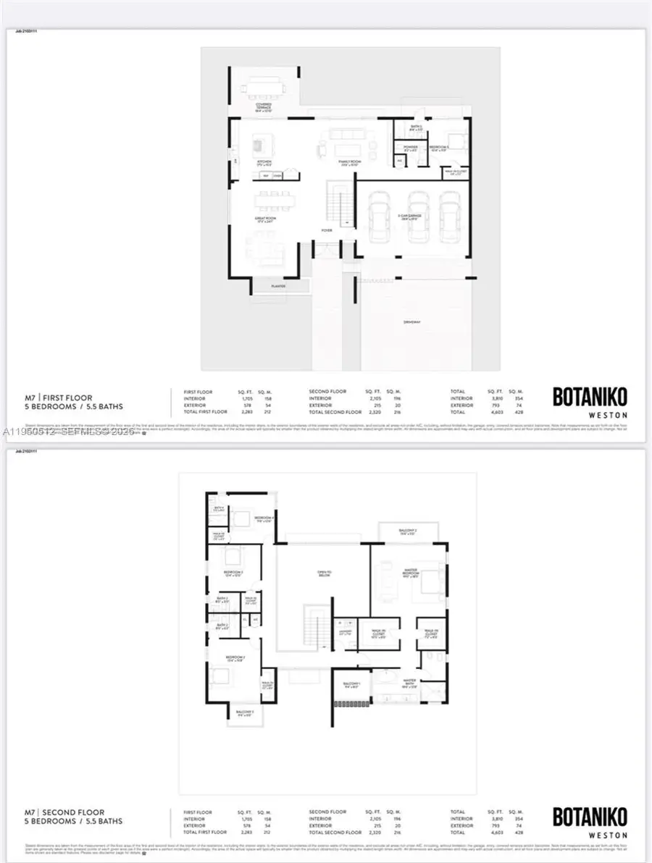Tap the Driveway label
pyautogui.click(x=412, y=322)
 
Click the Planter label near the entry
pyautogui.click(x=278, y=286)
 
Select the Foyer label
pyautogui.click(x=327, y=230)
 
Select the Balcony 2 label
pyautogui.click(x=407, y=531)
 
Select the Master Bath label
pyautogui.click(x=409, y=682)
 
